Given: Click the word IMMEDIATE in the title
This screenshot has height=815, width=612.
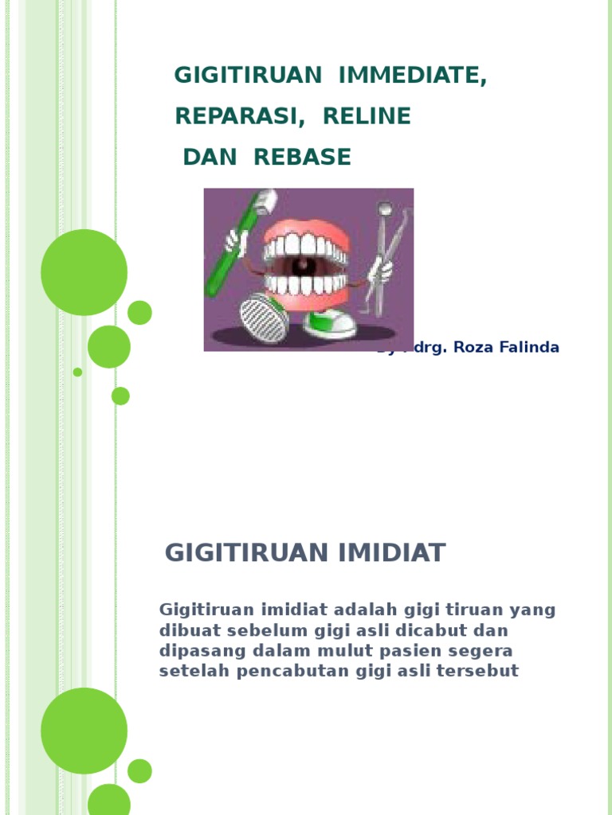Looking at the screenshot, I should (412, 76).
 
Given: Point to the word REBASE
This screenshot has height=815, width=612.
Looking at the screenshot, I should (302, 158).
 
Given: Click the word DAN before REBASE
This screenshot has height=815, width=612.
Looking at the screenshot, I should (210, 158).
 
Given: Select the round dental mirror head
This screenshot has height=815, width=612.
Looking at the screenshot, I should (385, 209).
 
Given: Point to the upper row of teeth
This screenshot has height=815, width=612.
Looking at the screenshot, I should (306, 246).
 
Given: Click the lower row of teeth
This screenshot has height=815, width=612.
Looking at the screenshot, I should (306, 284).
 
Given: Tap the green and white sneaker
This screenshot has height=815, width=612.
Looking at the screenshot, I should (328, 322).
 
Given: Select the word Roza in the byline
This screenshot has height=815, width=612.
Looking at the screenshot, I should (473, 348).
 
